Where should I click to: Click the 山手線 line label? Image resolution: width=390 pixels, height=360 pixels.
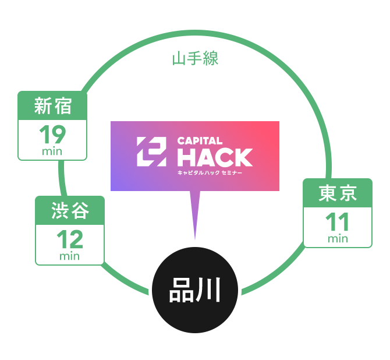(195, 59)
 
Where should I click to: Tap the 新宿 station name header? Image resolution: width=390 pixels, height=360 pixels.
(52, 106)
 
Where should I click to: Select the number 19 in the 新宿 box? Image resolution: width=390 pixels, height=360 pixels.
(52, 135)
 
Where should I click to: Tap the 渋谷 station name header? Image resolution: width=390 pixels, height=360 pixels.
(70, 211)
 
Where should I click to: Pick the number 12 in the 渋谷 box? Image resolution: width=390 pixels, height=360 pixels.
(70, 239)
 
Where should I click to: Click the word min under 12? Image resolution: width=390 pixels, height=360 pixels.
(70, 256)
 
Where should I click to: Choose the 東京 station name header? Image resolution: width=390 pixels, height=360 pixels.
(338, 193)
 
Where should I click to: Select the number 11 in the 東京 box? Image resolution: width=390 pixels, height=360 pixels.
(338, 222)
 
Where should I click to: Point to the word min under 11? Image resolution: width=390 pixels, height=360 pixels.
(338, 238)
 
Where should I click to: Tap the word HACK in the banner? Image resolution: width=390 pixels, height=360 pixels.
(214, 157)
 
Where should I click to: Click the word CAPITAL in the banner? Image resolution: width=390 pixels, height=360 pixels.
(200, 140)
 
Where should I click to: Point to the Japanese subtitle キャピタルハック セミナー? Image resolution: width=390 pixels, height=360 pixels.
(210, 173)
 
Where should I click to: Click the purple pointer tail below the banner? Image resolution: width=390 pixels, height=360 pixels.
(195, 210)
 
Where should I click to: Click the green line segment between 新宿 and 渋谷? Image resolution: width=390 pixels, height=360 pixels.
(62, 178)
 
